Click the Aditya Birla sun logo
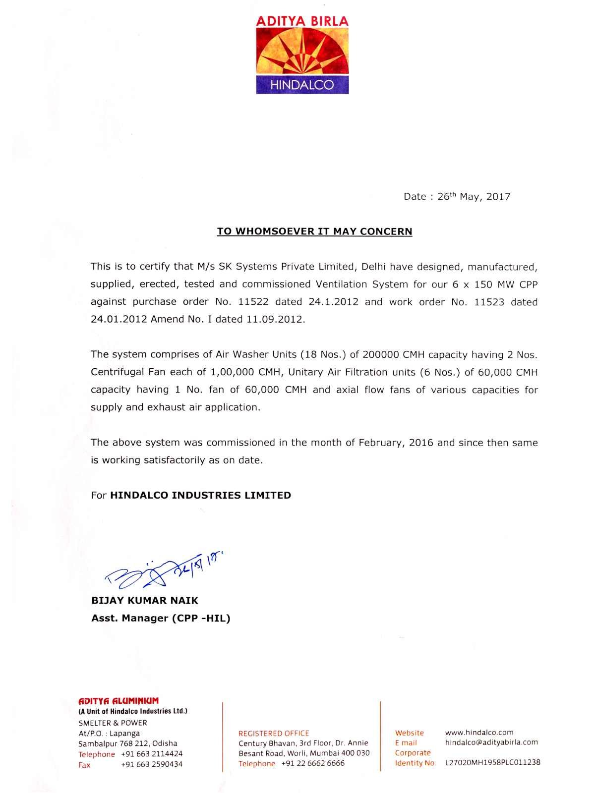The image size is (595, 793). pyautogui.click(x=302, y=52)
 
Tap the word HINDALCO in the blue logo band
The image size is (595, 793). pyautogui.click(x=302, y=85)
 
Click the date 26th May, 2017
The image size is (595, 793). pyautogui.click(x=473, y=197)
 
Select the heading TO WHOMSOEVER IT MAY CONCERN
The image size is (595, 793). pyautogui.click(x=315, y=231)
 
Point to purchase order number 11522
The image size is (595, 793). pyautogui.click(x=253, y=302)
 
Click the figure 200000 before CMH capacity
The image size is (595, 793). pyautogui.click(x=381, y=355)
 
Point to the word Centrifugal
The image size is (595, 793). pyautogui.click(x=117, y=372)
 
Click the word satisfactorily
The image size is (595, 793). pyautogui.click(x=174, y=460)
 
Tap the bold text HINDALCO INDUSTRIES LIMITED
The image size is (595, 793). pyautogui.click(x=200, y=495)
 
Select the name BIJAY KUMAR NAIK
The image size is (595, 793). pyautogui.click(x=145, y=601)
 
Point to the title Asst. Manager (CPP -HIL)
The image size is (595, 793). pyautogui.click(x=161, y=618)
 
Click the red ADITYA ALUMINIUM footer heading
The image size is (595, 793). pyautogui.click(x=119, y=701)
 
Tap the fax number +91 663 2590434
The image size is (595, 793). pyautogui.click(x=152, y=765)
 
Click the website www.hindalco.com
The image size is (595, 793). pyautogui.click(x=479, y=733)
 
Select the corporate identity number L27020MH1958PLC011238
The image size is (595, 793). pyautogui.click(x=489, y=763)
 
